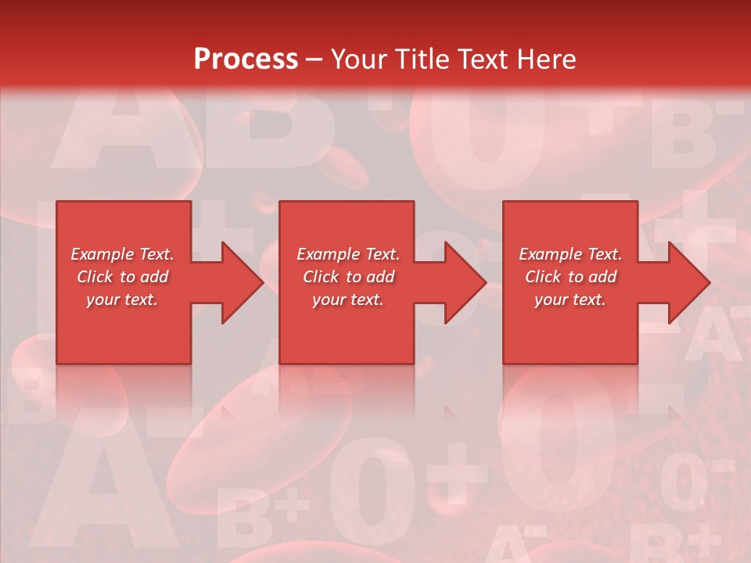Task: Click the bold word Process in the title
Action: tap(246, 59)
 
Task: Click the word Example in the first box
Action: tap(102, 254)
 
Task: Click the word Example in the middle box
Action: tap(328, 254)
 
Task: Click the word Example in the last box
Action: tap(550, 254)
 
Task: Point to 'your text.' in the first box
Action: tap(122, 299)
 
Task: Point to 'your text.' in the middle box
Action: tap(348, 299)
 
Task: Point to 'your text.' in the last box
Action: tap(570, 299)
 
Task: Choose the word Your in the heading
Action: tap(358, 59)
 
